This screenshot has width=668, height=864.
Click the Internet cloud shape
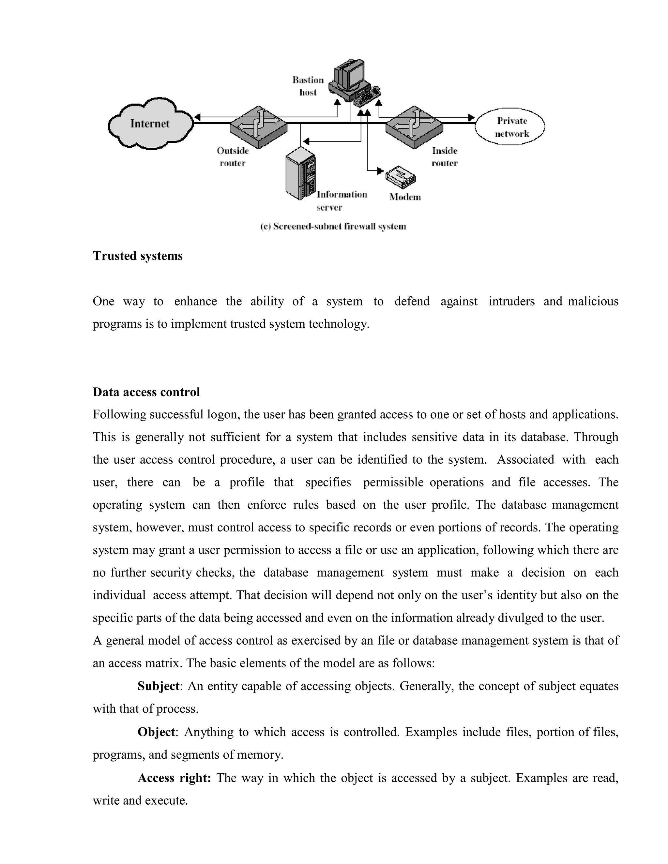[150, 124]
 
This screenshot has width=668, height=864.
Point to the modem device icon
[401, 176]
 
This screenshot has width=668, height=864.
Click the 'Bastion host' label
[308, 86]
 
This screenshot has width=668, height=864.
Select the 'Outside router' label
[233, 156]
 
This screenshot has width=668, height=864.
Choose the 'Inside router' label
[445, 156]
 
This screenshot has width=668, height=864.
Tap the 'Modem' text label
[405, 197]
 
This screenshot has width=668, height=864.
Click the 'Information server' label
[341, 201]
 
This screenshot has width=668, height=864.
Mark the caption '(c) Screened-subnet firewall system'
[333, 227]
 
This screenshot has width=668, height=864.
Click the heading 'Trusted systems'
[138, 256]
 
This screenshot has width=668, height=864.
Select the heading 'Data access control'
[146, 392]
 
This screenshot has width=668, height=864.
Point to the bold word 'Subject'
[158, 686]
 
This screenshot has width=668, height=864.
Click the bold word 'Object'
[156, 732]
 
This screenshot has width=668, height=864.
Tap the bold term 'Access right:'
[174, 778]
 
